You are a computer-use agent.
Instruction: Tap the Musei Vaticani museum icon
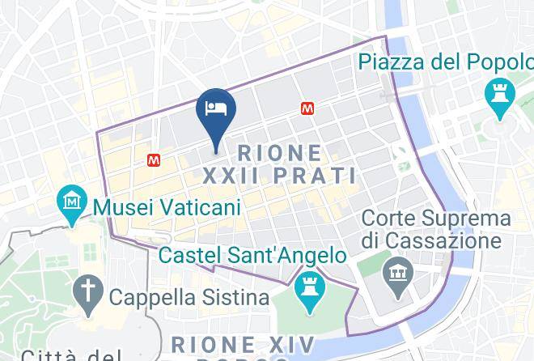(x=74, y=199)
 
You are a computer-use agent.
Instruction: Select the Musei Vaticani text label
(x=167, y=208)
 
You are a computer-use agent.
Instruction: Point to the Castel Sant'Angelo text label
(x=253, y=256)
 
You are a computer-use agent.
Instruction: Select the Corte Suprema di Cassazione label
(x=436, y=229)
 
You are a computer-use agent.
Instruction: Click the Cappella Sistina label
(x=189, y=296)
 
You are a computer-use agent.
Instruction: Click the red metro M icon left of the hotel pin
(x=154, y=160)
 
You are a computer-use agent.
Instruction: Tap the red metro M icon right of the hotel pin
(x=307, y=107)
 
